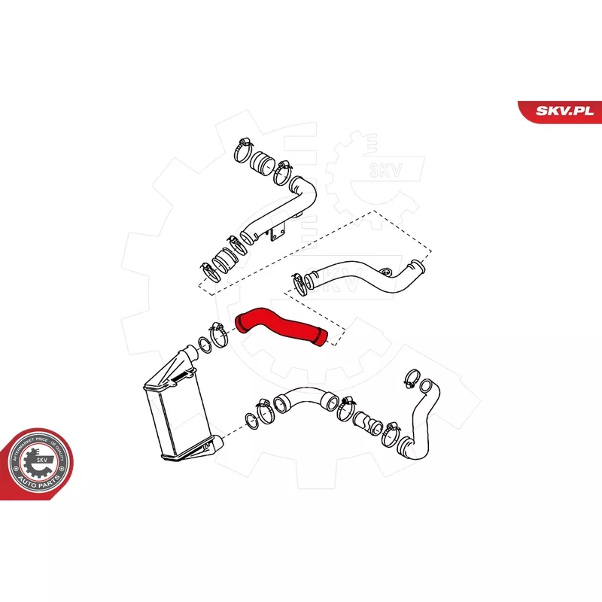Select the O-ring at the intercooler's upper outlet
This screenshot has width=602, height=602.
pos(203,346)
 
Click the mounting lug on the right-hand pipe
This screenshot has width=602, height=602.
pos(387,273)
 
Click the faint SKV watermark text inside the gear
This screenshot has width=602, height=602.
pos(375,169)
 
